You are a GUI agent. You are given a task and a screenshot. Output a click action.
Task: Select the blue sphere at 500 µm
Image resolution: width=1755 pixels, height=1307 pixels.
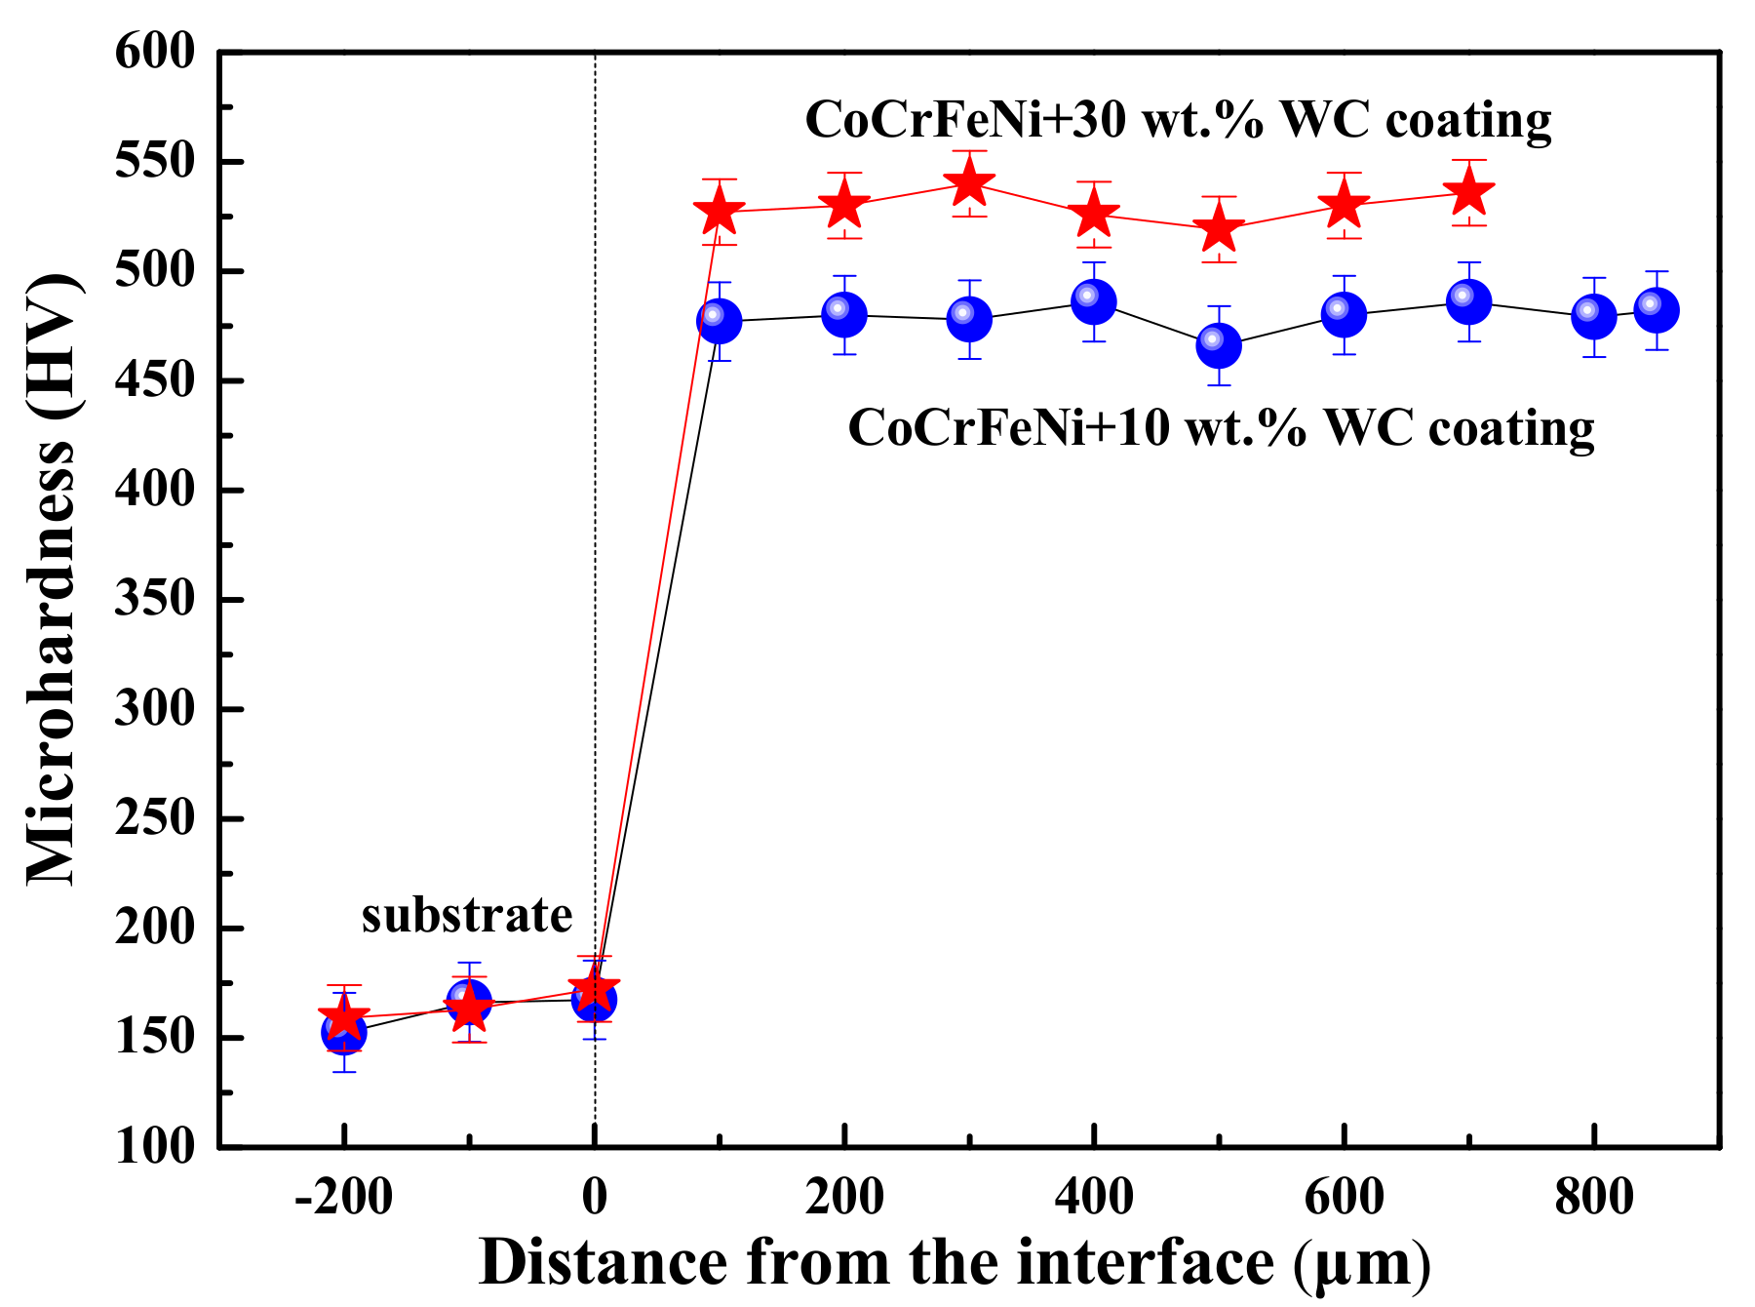1219,345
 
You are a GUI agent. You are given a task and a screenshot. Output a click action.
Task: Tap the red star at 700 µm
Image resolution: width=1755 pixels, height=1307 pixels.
1468,193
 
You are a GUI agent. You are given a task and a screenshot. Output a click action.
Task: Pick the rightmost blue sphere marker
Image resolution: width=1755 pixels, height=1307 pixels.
1656,310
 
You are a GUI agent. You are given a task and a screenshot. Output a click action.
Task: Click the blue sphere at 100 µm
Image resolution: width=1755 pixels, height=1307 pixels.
720,321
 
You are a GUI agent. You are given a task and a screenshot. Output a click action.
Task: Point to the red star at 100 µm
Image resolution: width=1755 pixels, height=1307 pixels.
720,212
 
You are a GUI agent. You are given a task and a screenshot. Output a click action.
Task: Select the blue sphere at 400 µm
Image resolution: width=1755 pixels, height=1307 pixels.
1094,301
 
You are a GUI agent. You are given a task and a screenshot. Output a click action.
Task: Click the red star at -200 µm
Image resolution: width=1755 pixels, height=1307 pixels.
344,1019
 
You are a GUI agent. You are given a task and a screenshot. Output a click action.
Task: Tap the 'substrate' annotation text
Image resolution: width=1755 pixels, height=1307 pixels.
466,915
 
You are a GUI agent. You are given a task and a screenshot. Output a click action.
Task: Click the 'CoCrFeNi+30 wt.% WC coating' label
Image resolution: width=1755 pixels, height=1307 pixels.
1178,120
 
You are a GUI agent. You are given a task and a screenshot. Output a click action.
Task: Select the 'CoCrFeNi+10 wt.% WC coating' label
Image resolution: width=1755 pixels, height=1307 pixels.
1221,427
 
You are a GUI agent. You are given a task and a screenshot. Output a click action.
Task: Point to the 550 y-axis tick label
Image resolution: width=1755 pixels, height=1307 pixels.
155,161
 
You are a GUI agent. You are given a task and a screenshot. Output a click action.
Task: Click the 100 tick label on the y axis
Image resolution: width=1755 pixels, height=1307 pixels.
155,1147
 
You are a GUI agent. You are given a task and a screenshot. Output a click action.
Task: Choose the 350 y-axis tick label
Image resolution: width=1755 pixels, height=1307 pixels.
155,599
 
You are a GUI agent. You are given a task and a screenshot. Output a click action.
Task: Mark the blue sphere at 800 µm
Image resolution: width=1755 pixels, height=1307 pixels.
1593,316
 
